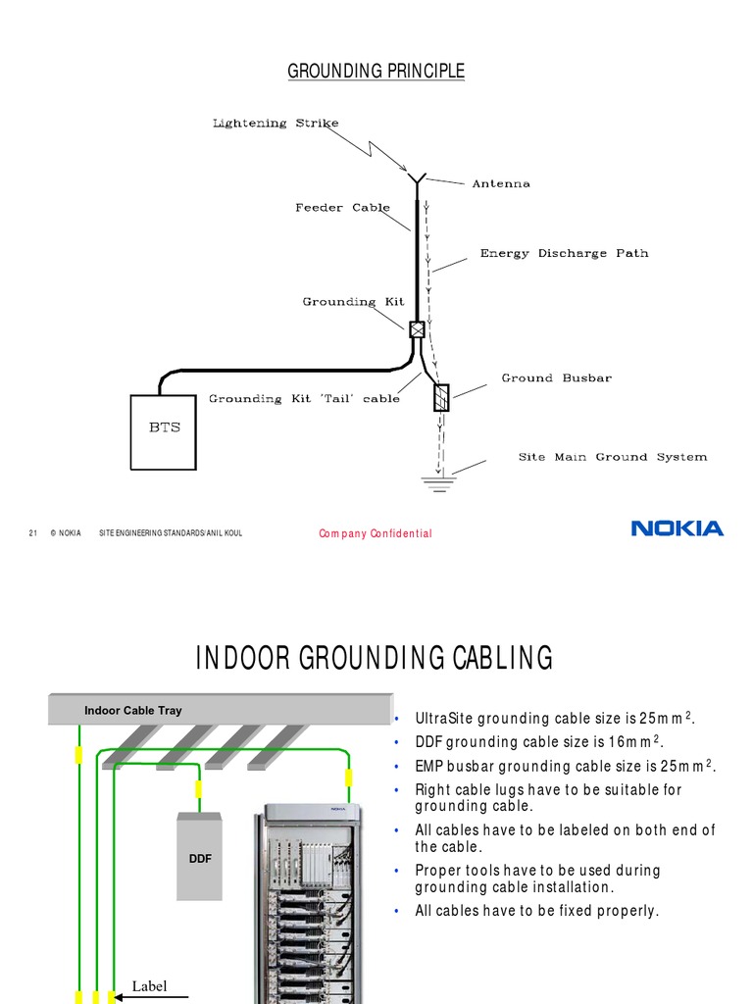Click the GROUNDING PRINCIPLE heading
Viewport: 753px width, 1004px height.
[376, 72]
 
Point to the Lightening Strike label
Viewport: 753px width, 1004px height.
[276, 124]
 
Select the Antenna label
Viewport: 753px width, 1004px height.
[501, 183]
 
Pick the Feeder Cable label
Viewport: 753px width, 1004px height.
[342, 208]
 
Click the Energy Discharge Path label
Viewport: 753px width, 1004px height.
[564, 253]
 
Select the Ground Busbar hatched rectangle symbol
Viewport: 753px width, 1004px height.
[441, 398]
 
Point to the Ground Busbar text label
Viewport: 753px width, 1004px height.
[556, 377]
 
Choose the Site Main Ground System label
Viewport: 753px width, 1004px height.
[612, 457]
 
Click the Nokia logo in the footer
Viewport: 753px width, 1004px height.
[677, 528]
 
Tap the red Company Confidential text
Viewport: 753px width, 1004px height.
[376, 533]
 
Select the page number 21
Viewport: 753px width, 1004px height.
[32, 532]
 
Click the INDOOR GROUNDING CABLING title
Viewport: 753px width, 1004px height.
[375, 658]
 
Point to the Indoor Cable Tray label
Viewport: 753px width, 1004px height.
[132, 711]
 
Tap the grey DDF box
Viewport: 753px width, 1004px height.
[200, 856]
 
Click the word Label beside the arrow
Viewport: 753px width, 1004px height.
[150, 986]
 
